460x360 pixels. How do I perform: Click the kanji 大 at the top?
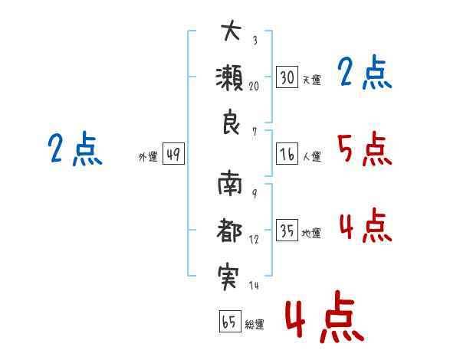(x=231, y=32)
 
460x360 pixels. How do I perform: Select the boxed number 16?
(x=287, y=154)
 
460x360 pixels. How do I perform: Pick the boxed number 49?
(x=173, y=155)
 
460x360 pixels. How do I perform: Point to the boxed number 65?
(x=229, y=322)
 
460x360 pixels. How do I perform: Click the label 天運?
(x=311, y=80)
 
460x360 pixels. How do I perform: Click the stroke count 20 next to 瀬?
(x=253, y=86)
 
